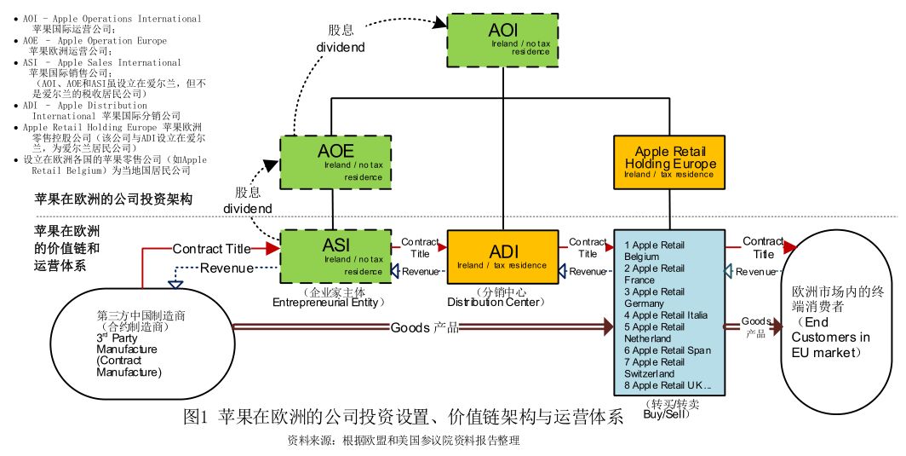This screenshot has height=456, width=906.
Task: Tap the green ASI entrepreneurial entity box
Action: pyautogui.click(x=335, y=253)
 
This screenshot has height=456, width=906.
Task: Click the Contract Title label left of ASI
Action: pyautogui.click(x=212, y=249)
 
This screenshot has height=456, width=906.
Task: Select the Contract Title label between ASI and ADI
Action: pyautogui.click(x=420, y=248)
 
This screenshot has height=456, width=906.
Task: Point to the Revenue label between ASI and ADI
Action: pyautogui.click(x=420, y=272)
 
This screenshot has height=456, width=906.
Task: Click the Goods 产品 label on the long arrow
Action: pyautogui.click(x=425, y=327)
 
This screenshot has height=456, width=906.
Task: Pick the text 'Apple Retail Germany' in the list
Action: pyautogui.click(x=655, y=297)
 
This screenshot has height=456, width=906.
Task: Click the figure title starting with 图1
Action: pyautogui.click(x=403, y=418)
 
